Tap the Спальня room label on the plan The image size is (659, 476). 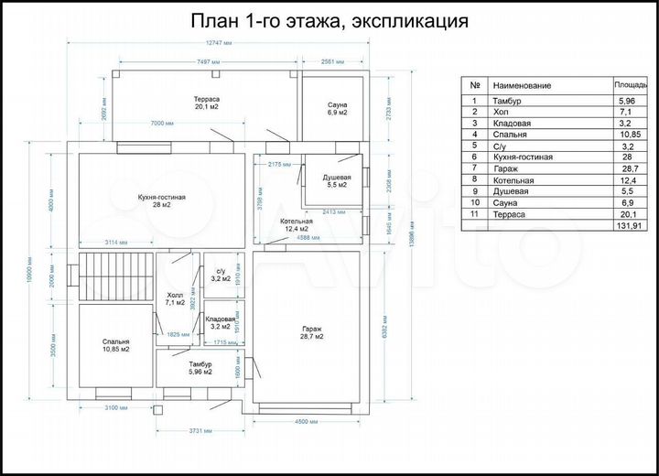pos(115,344)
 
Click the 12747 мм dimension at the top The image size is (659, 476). pos(219,45)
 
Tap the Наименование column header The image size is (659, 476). pos(522,85)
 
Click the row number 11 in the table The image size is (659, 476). pos(474,213)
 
